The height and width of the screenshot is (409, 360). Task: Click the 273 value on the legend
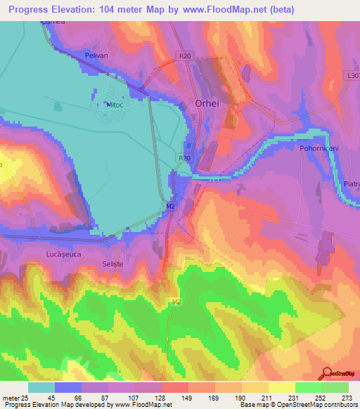[346, 397]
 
